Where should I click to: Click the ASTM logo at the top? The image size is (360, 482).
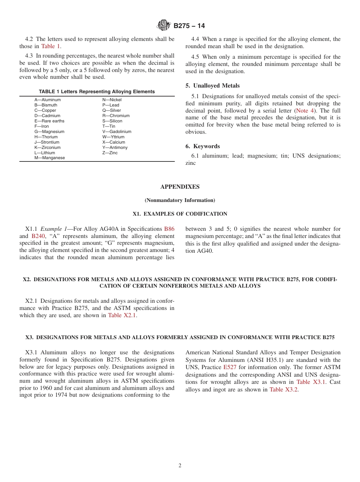(x=164, y=25)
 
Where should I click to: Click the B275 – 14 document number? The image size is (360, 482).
(x=189, y=26)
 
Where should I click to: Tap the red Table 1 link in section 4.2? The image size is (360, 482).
(x=50, y=46)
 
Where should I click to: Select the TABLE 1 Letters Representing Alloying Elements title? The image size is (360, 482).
(x=97, y=92)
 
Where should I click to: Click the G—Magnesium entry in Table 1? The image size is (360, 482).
(x=49, y=131)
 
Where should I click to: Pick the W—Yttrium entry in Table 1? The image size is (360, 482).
(x=113, y=137)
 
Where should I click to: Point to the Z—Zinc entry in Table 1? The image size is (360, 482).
(x=110, y=153)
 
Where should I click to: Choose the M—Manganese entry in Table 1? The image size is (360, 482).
(x=50, y=158)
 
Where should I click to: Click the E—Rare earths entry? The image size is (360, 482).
(x=49, y=121)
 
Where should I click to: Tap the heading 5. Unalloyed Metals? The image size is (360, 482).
(x=213, y=86)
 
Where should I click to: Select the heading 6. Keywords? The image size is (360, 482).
(x=203, y=146)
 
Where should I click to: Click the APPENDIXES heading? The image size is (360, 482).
(x=180, y=187)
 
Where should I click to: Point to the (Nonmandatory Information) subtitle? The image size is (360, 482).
(x=180, y=200)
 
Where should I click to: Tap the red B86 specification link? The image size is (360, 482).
(x=169, y=229)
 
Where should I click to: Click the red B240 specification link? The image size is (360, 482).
(x=38, y=236)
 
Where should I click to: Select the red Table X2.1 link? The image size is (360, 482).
(x=122, y=315)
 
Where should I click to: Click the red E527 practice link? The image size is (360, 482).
(x=230, y=367)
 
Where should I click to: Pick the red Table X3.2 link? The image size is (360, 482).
(x=283, y=390)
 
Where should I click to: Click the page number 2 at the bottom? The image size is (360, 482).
(x=180, y=466)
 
